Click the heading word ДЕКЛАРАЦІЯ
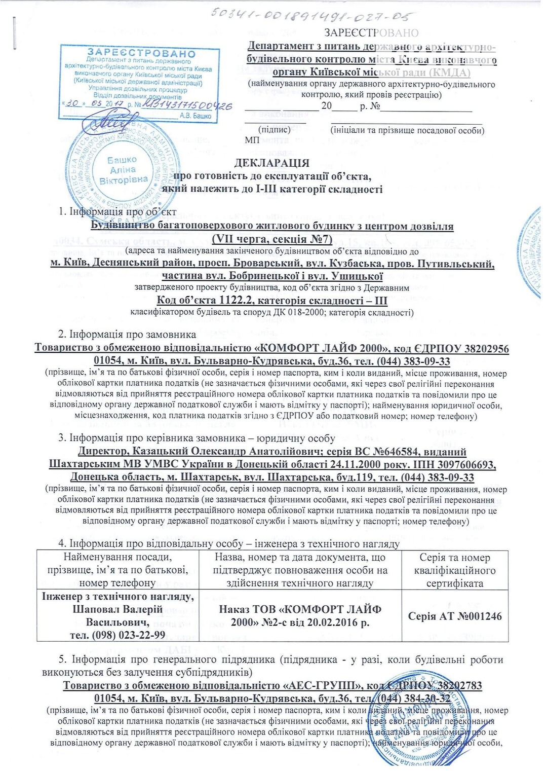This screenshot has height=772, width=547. (271, 163)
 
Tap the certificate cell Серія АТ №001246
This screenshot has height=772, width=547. (455, 616)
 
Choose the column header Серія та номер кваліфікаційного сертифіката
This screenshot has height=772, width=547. (455, 570)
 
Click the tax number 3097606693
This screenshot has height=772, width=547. (464, 464)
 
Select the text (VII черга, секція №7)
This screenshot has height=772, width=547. (272, 239)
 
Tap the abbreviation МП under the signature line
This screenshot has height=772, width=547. (252, 140)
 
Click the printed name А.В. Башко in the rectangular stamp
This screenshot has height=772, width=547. (196, 116)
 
